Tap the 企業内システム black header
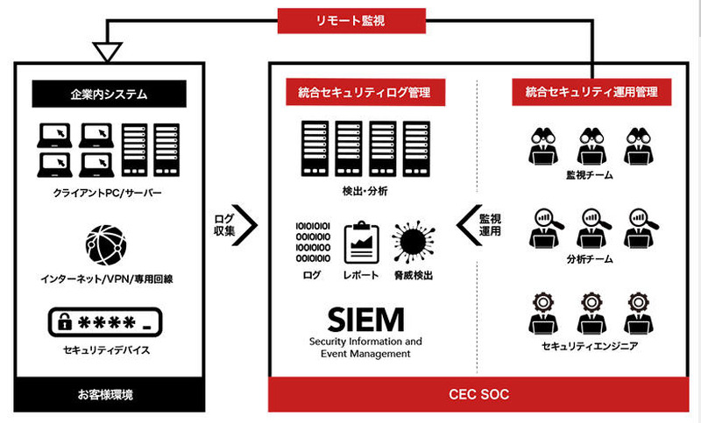point(110,91)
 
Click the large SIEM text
point(365,316)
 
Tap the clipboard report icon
point(361,243)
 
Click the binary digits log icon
point(314,242)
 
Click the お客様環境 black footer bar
point(110,395)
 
